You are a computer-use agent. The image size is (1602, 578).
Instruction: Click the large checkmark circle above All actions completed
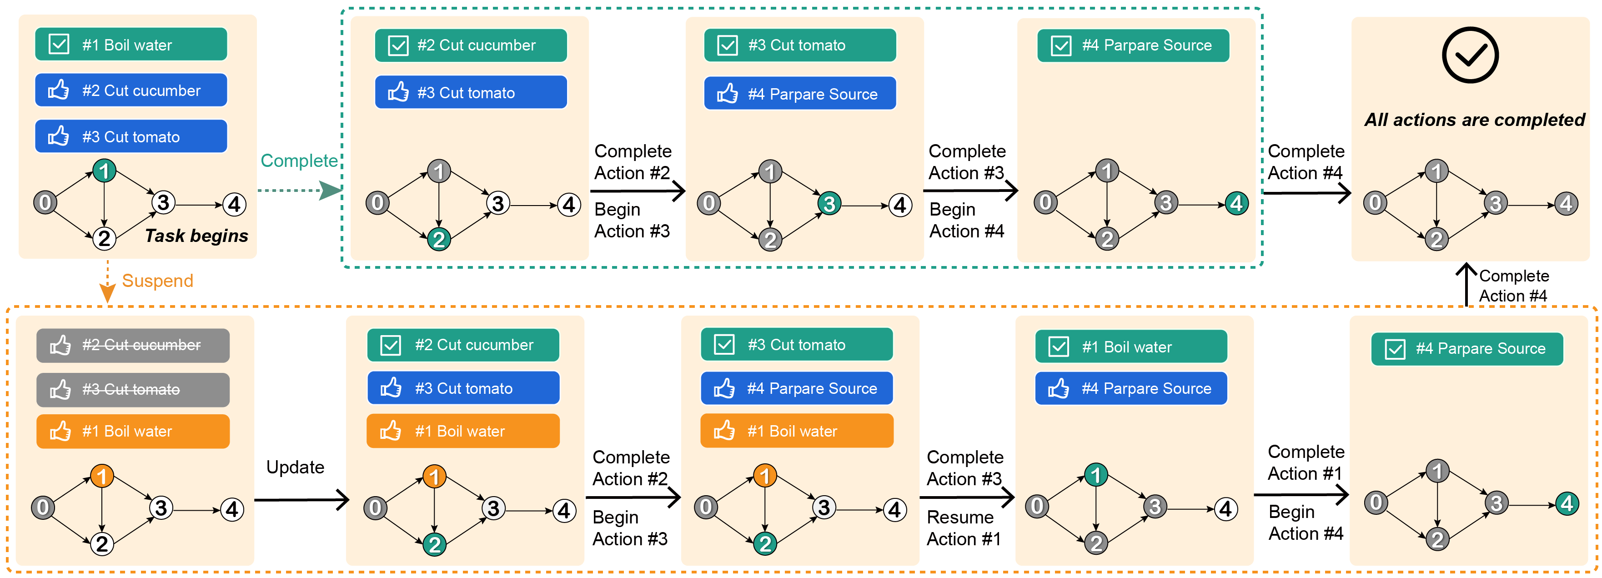coord(1470,55)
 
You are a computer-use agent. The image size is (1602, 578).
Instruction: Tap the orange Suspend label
coord(157,281)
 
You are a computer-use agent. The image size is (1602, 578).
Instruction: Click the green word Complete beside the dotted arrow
coord(298,161)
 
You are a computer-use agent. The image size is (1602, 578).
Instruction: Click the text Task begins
coord(196,236)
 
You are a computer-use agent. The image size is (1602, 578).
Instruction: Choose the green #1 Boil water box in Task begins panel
coord(131,45)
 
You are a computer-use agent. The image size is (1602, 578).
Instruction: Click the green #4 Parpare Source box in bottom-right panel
coord(1466,348)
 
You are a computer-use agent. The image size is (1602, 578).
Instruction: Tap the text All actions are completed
coord(1474,120)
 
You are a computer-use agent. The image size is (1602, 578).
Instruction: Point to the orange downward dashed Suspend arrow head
coord(108,294)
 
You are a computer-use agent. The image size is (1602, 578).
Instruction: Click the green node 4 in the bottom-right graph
coord(1567,503)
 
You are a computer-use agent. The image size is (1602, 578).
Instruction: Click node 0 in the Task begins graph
coord(45,203)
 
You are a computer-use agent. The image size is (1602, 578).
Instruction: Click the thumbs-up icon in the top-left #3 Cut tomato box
coord(59,136)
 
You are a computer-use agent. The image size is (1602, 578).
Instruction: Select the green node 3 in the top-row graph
coord(829,203)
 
